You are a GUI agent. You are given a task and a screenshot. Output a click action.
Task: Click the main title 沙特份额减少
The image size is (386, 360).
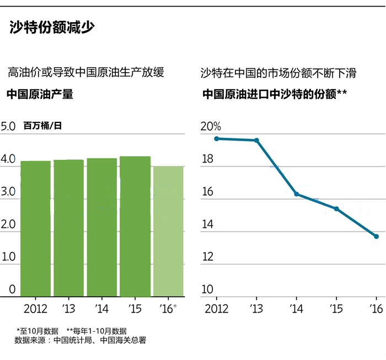[52, 28]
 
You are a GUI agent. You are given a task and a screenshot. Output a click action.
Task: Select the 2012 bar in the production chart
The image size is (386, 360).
[35, 229]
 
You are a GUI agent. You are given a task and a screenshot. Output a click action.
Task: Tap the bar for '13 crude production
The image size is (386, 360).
[68, 228]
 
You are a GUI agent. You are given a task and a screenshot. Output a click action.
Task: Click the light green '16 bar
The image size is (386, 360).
[168, 232]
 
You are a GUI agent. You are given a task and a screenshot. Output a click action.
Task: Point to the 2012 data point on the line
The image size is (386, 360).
[217, 138]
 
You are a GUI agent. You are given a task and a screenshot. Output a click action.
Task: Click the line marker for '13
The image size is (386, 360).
[256, 140]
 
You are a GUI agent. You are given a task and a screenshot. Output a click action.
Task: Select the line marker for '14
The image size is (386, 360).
[297, 194]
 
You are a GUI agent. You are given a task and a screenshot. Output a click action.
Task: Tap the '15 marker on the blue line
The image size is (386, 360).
[336, 208]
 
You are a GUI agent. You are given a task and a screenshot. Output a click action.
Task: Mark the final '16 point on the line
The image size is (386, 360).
[376, 237]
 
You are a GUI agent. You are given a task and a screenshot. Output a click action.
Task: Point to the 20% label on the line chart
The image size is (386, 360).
[210, 126]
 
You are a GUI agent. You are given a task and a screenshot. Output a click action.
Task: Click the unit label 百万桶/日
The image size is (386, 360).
[42, 126]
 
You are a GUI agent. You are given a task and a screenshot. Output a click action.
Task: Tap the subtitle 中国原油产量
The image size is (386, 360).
[40, 94]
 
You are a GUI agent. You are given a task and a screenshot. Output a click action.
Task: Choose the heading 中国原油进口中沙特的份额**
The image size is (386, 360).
[274, 94]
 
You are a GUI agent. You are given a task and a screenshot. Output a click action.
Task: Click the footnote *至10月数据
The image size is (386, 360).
[37, 331]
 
